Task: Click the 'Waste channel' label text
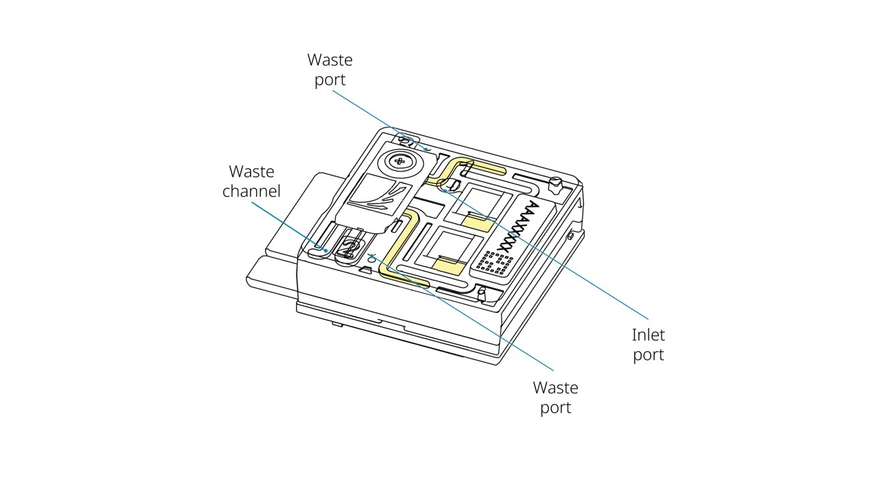251,180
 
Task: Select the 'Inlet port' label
648,344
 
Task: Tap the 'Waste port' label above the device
330,69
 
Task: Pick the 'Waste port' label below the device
555,397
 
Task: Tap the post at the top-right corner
555,183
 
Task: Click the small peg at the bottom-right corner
482,294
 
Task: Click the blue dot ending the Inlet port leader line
443,191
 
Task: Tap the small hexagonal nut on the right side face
569,236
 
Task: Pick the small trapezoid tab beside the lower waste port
366,270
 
